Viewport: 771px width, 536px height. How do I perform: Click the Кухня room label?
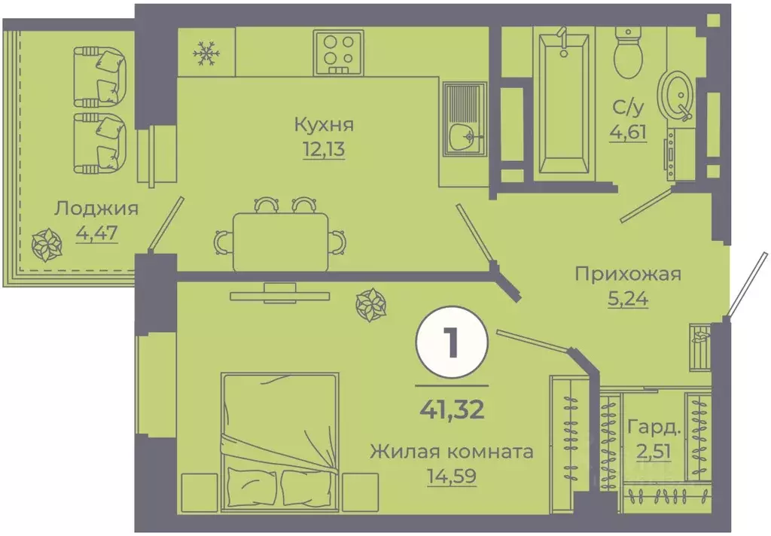[324, 124]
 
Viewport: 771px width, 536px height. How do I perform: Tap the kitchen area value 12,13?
[324, 149]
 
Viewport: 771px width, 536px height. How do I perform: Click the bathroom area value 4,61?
[628, 136]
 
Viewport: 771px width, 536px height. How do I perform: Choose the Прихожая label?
[627, 273]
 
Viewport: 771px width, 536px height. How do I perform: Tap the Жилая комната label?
[451, 452]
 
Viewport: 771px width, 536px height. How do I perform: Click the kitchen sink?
[462, 118]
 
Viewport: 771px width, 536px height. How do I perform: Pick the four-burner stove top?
[337, 52]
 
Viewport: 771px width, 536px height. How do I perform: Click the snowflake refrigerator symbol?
[206, 52]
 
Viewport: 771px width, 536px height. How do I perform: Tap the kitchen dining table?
[280, 241]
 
